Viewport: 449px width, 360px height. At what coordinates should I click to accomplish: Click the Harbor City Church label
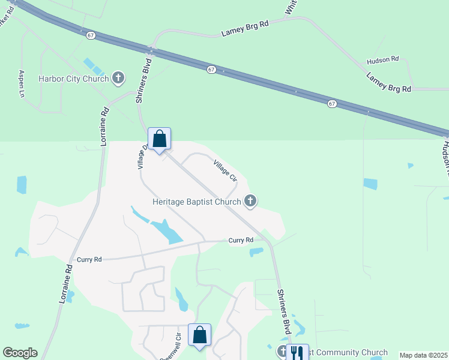[x=73, y=79]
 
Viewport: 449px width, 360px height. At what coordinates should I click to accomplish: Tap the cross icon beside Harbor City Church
[x=119, y=77]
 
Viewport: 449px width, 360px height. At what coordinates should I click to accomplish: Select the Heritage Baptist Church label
[x=196, y=202]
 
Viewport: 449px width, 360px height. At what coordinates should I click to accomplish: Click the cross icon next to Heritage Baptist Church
[x=251, y=201]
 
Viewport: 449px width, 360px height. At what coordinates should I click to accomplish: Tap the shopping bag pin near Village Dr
[x=160, y=139]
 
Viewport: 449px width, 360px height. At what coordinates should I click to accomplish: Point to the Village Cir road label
[x=224, y=170]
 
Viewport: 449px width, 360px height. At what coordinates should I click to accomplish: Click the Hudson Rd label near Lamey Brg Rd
[x=383, y=59]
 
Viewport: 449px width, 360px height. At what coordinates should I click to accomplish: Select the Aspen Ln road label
[x=22, y=84]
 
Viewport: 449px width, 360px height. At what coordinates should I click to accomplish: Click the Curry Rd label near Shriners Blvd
[x=241, y=240]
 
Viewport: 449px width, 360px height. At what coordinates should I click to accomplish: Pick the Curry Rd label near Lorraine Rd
[x=89, y=259]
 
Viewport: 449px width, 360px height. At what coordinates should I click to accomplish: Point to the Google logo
[x=20, y=353]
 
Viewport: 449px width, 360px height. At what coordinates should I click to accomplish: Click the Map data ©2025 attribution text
[x=423, y=355]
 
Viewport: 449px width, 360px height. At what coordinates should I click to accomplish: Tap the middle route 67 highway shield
[x=212, y=70]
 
